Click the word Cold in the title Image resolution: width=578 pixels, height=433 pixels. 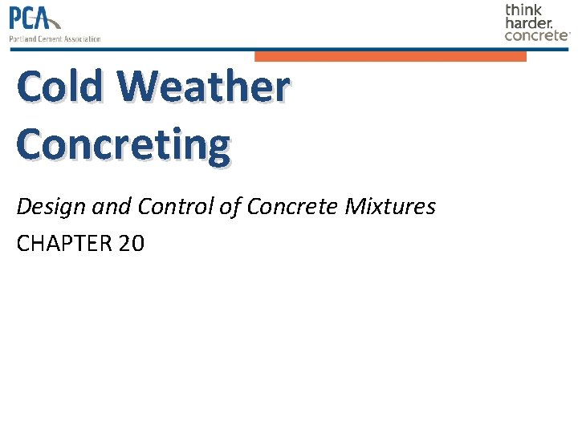pos(59,87)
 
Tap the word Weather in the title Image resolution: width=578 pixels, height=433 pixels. pos(201,87)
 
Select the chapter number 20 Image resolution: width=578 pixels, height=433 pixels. pos(131,244)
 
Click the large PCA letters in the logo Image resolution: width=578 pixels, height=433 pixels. pos(32,18)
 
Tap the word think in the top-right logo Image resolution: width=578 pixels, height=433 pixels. pos(523,10)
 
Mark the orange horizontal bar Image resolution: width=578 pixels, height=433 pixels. pos(390,56)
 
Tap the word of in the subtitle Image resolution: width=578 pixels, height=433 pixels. pos(230,207)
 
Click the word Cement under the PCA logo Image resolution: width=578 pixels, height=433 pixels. pos(49,38)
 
